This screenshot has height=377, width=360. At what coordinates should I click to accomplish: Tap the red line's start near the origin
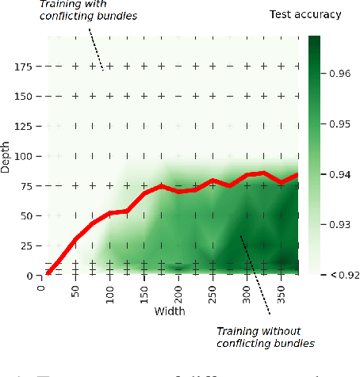(48, 273)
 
